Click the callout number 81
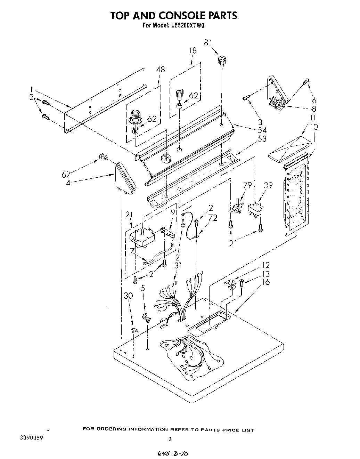click(x=207, y=43)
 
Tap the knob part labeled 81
click(x=222, y=62)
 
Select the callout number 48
click(x=160, y=70)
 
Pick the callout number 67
click(x=66, y=174)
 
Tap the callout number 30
click(x=128, y=296)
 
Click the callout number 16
click(x=266, y=282)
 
